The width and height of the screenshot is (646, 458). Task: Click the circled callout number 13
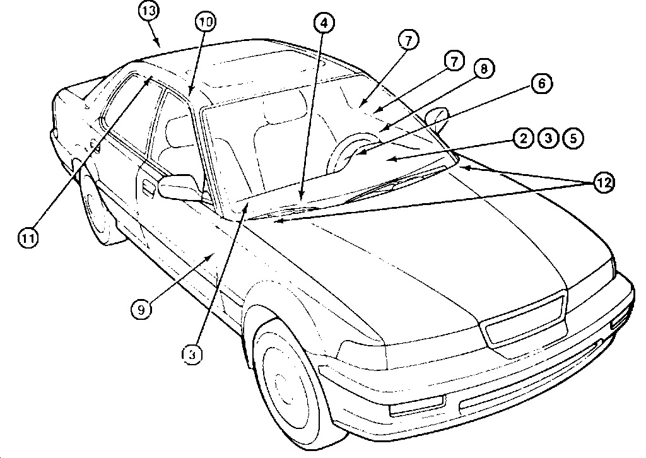coord(150,12)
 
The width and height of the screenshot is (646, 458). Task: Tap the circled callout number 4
coord(322,23)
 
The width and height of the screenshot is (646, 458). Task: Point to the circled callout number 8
coord(484,69)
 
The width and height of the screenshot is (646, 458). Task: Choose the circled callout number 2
coord(523,138)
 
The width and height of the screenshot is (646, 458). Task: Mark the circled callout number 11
coord(28,237)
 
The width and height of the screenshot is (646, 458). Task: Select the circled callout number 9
coord(142,308)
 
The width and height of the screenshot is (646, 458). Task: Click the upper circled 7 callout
coord(408,41)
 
